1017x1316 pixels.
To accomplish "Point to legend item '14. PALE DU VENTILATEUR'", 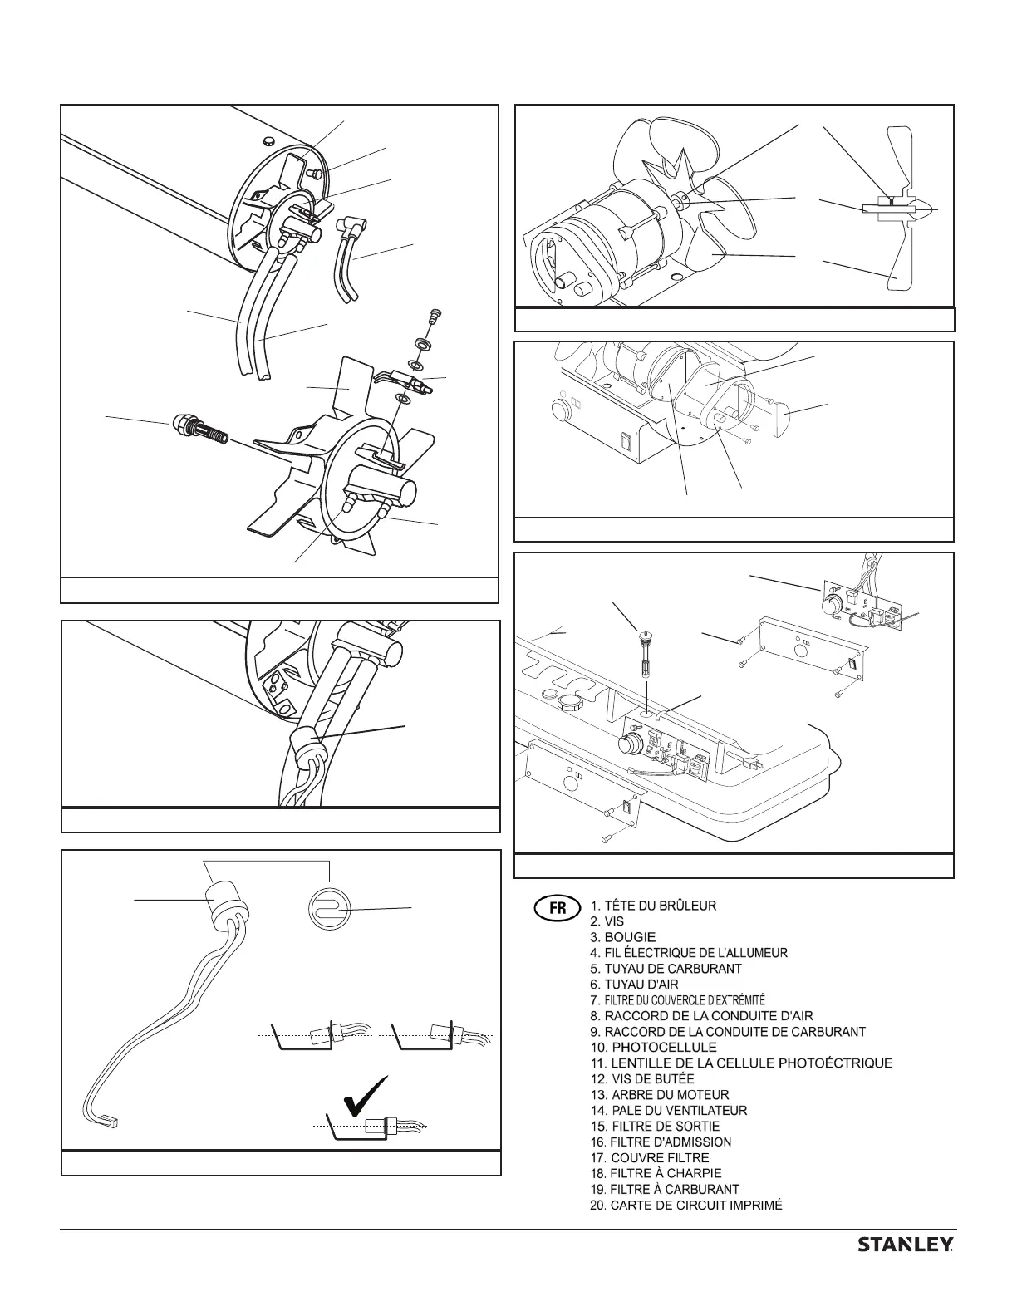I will coord(668,1110).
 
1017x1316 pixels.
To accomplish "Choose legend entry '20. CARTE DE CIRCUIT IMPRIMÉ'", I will coord(685,1205).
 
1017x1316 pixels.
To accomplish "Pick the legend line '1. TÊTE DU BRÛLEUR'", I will coord(653,906).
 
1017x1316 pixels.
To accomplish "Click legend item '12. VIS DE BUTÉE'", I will coord(641,1078).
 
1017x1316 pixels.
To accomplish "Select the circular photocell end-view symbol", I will coord(327,910).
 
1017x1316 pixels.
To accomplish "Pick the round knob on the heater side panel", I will coord(558,409).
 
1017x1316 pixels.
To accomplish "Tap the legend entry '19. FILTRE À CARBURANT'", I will coord(664,1189).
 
